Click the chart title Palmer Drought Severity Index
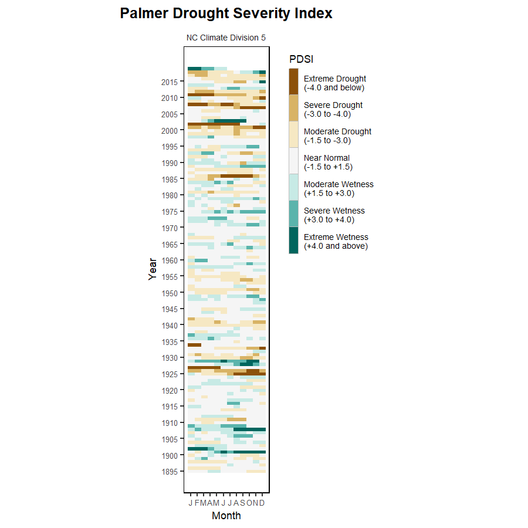click(x=226, y=13)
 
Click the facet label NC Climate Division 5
click(x=226, y=38)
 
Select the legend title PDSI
click(x=301, y=59)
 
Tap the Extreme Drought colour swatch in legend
click(x=293, y=82)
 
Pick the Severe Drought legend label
click(x=333, y=110)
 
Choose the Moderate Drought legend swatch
click(x=293, y=134)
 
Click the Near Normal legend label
click(x=327, y=163)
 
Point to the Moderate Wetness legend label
click(x=339, y=189)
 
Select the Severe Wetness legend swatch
click(x=293, y=214)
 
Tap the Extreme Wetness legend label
click(x=336, y=242)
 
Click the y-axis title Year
click(x=153, y=269)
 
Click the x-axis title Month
click(x=226, y=516)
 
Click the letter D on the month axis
click(x=262, y=503)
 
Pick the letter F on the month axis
click(x=197, y=503)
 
